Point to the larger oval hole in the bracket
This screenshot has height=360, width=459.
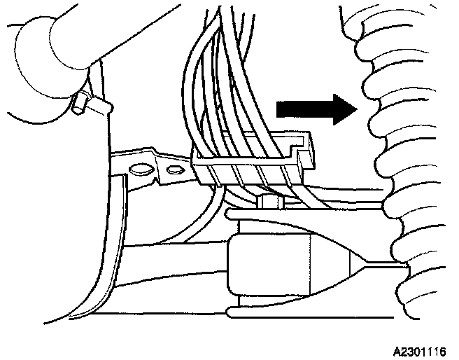tap(139, 168)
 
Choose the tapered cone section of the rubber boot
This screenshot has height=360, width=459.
tap(329, 268)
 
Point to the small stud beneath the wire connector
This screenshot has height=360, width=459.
tap(269, 202)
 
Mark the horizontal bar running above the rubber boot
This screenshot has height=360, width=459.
tap(308, 212)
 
